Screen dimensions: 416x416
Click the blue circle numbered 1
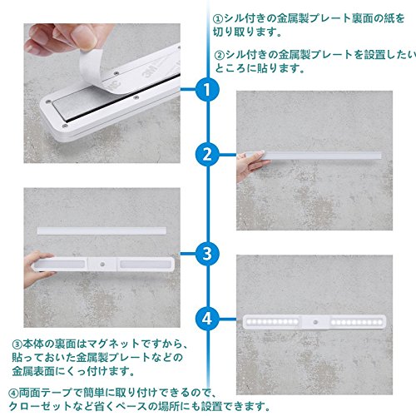pos(207,89)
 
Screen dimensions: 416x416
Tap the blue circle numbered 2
pos(207,154)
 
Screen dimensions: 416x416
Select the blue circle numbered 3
pos(207,254)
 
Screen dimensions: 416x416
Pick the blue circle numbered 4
pos(207,319)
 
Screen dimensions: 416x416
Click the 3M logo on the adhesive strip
pos(151,71)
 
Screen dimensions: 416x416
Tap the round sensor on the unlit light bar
pos(102,265)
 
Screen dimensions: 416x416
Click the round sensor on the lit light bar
pos(315,322)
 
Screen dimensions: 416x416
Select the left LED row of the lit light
pos(272,322)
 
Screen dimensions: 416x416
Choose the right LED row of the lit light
pos(356,323)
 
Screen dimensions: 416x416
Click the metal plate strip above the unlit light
pos(102,230)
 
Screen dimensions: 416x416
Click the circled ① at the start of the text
pos(218,19)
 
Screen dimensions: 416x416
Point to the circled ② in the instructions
pos(220,55)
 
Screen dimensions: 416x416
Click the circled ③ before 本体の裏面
pos(17,344)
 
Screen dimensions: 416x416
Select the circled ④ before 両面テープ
pos(13,393)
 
